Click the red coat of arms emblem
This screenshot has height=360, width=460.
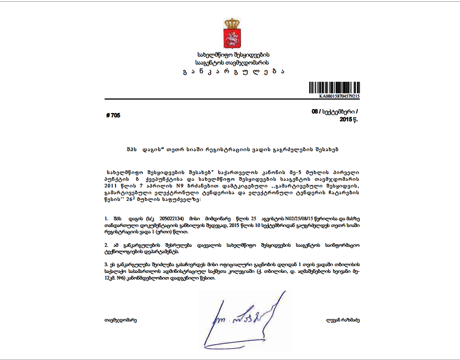click(230, 38)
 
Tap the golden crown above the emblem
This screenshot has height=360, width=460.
click(230, 23)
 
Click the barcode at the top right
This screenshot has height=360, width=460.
click(334, 87)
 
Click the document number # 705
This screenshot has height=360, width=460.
click(113, 116)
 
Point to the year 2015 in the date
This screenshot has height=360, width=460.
click(347, 120)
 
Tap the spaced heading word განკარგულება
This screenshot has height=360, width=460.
click(232, 72)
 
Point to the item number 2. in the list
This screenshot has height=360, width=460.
click(106, 244)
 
